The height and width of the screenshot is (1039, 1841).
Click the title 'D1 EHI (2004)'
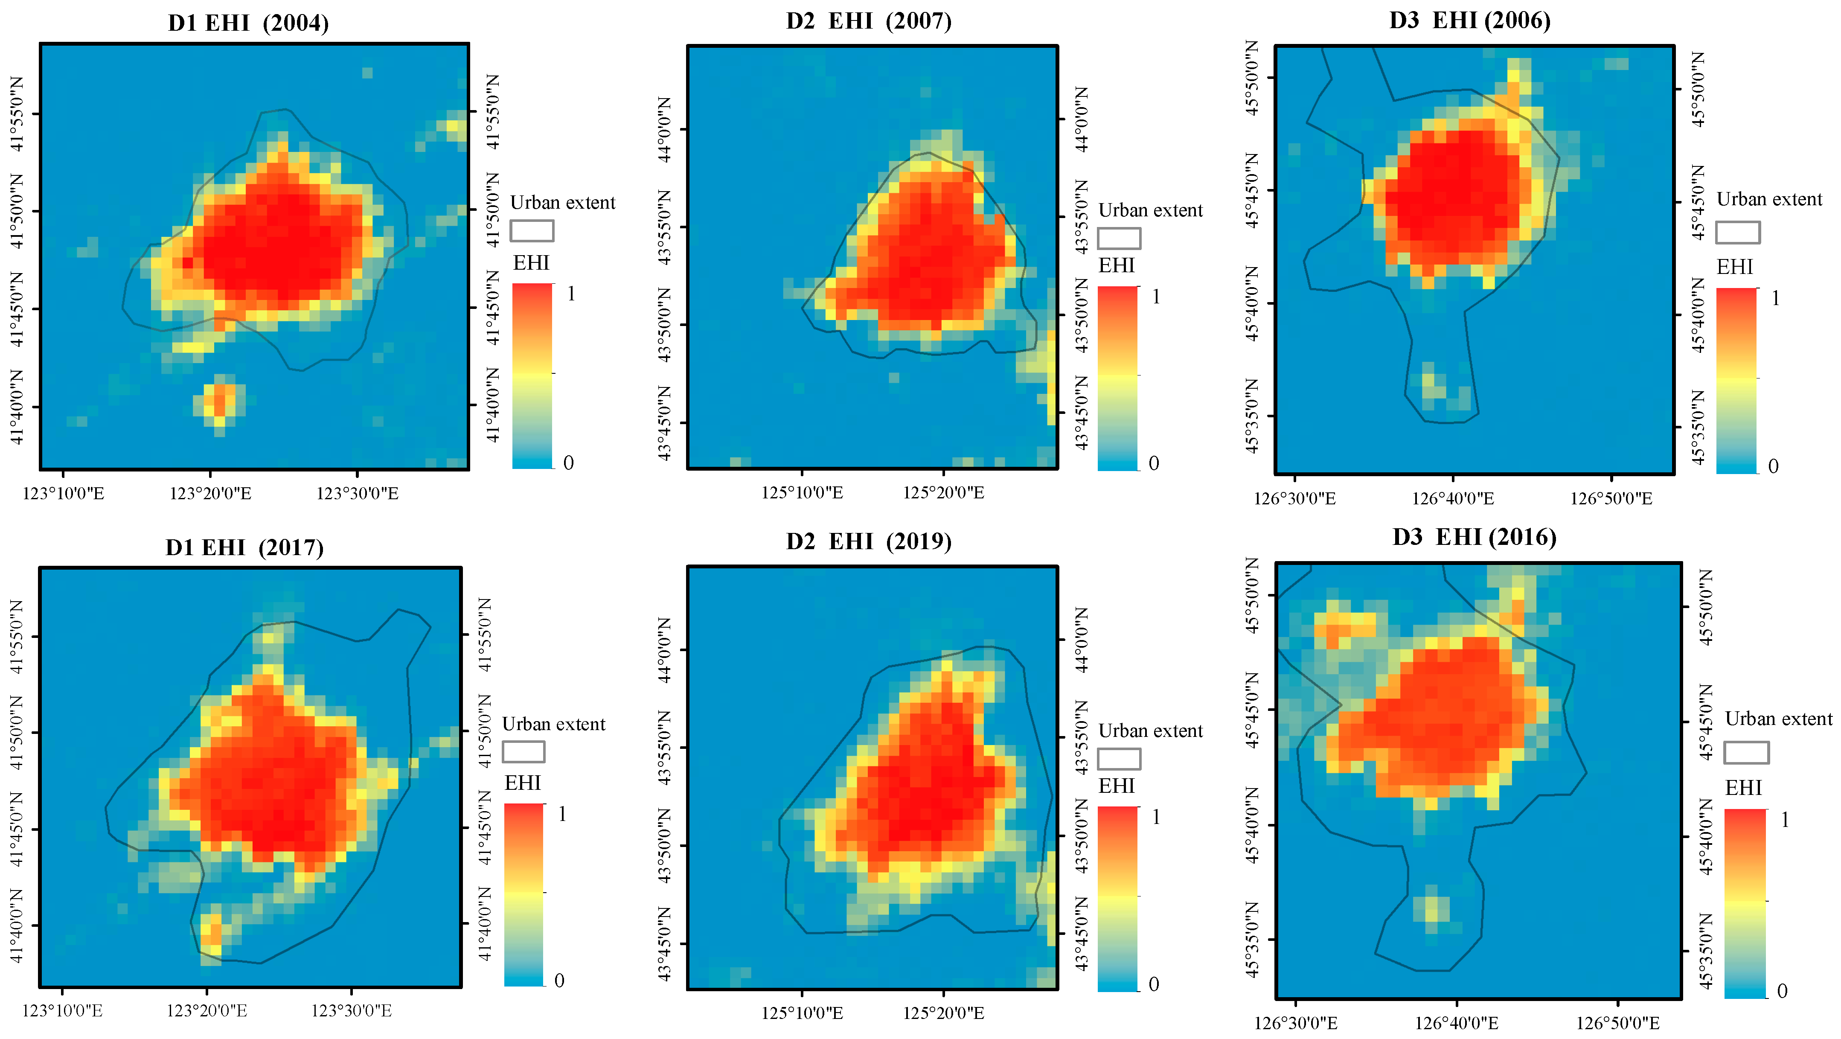point(248,23)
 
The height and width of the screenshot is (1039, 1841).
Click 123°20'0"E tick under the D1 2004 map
point(210,493)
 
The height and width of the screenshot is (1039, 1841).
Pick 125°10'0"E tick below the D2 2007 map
point(802,492)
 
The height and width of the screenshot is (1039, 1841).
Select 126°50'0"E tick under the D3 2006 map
point(1611,498)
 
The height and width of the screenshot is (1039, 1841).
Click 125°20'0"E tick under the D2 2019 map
point(943,1013)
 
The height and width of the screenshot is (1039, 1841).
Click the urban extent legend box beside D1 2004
point(532,231)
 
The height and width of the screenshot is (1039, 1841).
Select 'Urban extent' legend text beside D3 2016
point(1778,719)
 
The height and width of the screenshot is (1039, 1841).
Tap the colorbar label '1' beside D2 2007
point(1156,297)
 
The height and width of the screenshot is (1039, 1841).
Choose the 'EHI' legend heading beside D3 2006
point(1734,267)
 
